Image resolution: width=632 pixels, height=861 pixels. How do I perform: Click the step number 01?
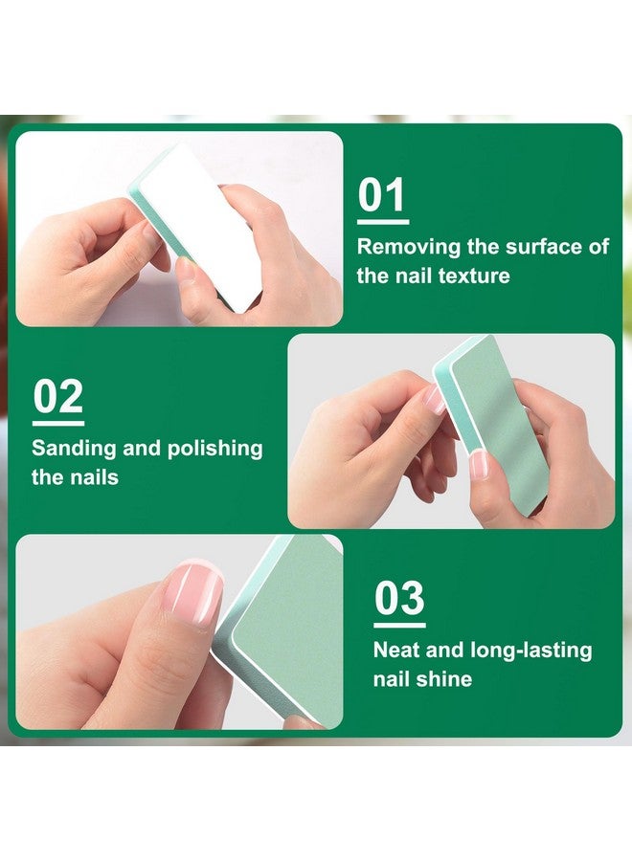(381, 195)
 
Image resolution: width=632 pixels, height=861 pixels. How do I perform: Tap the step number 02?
(57, 396)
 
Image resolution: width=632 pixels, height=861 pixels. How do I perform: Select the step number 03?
(399, 598)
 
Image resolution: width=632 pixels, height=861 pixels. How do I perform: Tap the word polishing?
(214, 450)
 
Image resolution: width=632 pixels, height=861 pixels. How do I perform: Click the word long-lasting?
(531, 651)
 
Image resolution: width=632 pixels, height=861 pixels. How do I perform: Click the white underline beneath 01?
(383, 222)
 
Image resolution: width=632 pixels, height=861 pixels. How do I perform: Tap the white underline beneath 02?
(58, 424)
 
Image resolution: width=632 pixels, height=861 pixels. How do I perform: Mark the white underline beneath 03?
(399, 625)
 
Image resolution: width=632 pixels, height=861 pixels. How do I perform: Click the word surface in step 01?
(544, 247)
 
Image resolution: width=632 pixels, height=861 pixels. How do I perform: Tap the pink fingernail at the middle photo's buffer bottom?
(479, 465)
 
